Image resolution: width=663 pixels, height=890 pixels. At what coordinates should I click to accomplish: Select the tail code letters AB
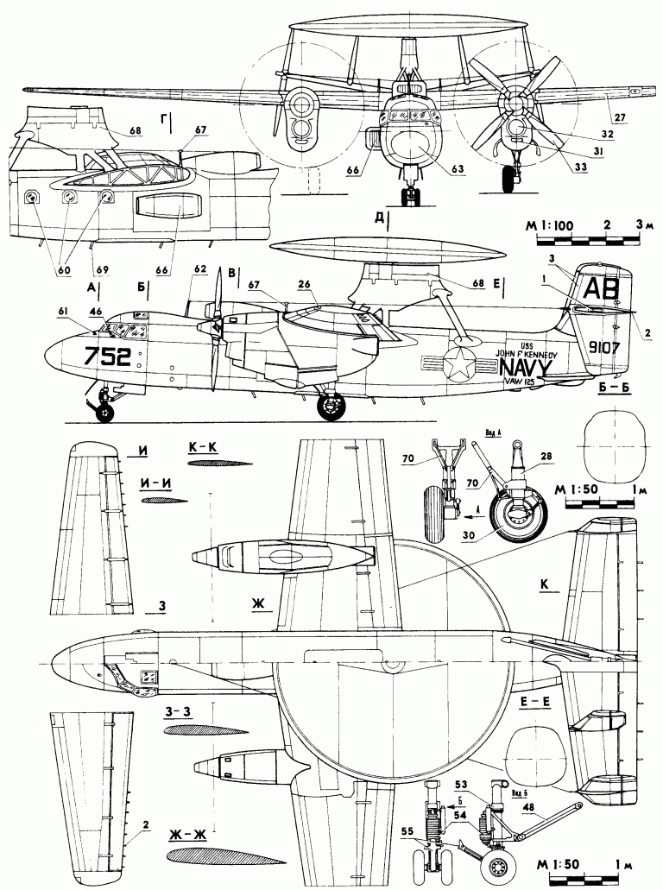coord(601,287)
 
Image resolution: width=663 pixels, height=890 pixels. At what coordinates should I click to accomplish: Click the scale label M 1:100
coord(550,226)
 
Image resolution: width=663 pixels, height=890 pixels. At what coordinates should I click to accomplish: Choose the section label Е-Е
coord(536,704)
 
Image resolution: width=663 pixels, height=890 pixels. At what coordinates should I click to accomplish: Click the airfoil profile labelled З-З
coord(205,731)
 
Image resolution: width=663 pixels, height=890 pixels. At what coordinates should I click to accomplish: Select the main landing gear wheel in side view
coord(330,406)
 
